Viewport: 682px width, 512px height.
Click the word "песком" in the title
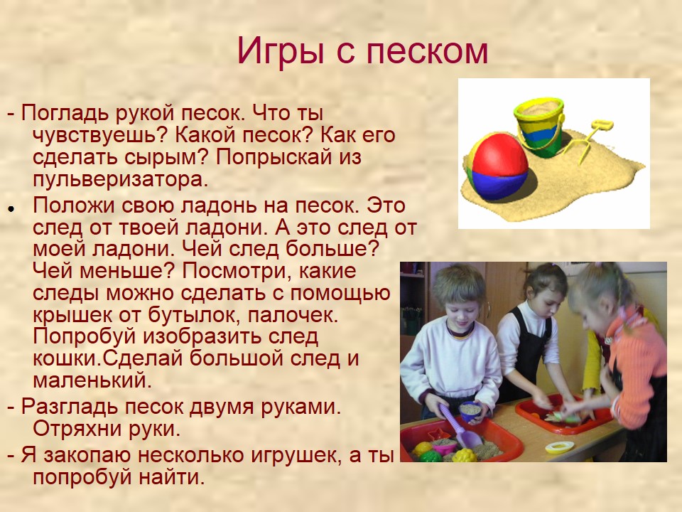[x=428, y=51]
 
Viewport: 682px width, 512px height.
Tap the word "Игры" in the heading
[x=281, y=52]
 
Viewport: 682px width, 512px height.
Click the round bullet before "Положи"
[x=11, y=208]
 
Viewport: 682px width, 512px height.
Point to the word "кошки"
[x=67, y=358]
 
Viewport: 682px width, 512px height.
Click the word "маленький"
[x=92, y=380]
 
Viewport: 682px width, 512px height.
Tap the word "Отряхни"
[x=77, y=428]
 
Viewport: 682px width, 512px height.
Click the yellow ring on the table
[x=559, y=447]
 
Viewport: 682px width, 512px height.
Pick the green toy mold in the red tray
[x=431, y=456]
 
